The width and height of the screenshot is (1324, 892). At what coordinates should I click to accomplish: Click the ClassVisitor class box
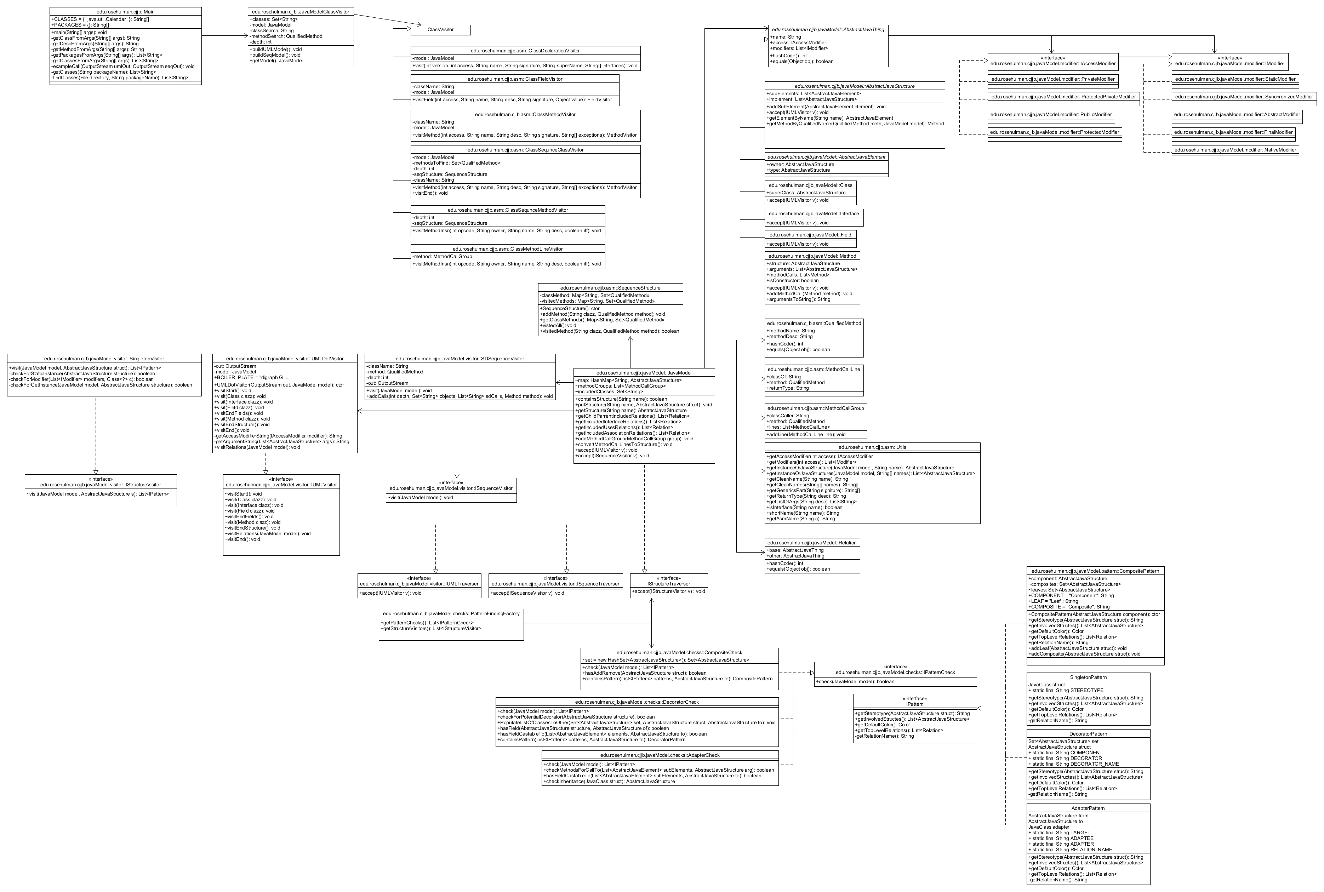(440, 30)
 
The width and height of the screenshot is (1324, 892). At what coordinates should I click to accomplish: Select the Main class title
(126, 11)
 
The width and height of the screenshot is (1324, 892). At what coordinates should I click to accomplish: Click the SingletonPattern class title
(1088, 677)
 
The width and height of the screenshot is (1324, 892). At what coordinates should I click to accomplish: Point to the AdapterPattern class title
(1088, 808)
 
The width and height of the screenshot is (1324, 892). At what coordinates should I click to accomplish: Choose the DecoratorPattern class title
(1088, 734)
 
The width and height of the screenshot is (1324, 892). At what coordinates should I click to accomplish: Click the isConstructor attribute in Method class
(793, 280)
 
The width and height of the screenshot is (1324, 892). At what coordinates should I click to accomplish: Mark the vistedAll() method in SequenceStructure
(559, 325)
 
